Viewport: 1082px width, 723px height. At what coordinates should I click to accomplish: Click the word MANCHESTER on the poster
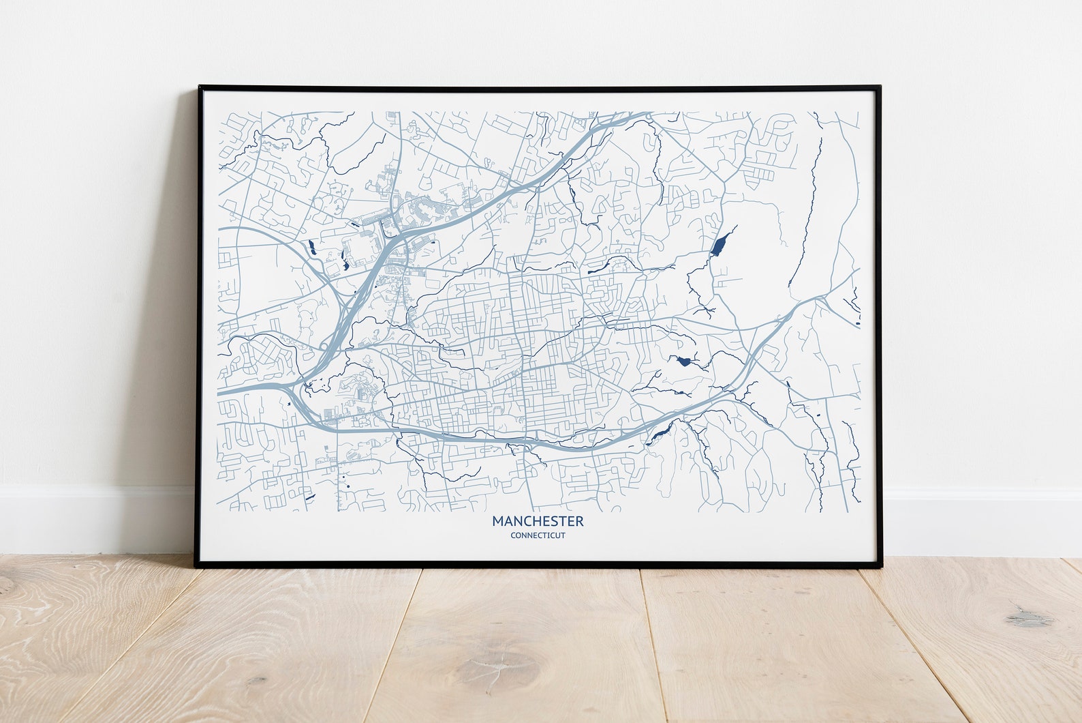[x=538, y=521]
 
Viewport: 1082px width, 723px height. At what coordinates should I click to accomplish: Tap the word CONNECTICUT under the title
[x=538, y=535]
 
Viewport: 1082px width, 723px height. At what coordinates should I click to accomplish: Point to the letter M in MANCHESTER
[x=497, y=521]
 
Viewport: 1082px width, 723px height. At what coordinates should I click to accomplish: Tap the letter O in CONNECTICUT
[x=518, y=535]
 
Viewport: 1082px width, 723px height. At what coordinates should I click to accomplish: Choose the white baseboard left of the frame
[x=95, y=518]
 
